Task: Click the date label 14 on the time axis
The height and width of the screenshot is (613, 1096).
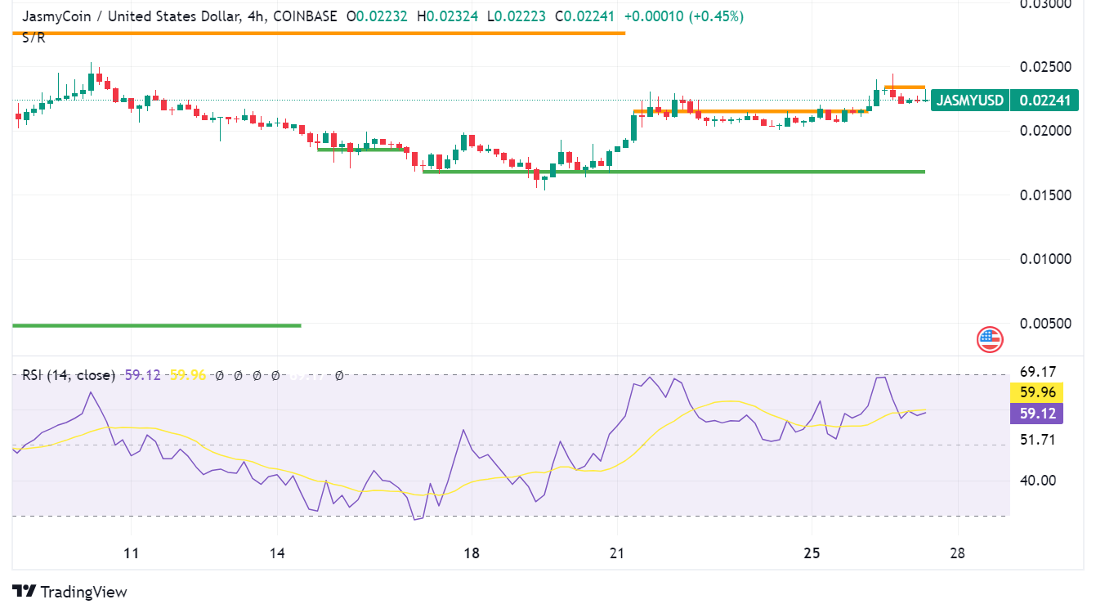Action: [277, 553]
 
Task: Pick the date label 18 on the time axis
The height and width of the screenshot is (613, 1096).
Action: [471, 553]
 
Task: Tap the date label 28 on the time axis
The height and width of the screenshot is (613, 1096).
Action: [957, 553]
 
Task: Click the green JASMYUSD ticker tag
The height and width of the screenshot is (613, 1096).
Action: [969, 101]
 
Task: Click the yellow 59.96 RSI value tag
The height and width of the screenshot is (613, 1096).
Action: [1037, 392]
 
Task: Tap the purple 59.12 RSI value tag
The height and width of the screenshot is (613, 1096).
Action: [1037, 414]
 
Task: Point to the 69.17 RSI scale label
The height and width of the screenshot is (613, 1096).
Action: [1037, 372]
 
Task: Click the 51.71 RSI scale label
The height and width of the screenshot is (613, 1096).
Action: [1037, 440]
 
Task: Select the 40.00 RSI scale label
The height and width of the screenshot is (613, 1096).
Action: [1037, 480]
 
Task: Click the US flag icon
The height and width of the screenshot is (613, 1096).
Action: [990, 338]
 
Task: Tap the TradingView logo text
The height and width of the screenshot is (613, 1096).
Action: [83, 592]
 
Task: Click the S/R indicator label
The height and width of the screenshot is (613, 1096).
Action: [34, 38]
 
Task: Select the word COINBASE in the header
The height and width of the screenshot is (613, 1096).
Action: [305, 16]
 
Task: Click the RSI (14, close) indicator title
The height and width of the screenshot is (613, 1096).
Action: [68, 375]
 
